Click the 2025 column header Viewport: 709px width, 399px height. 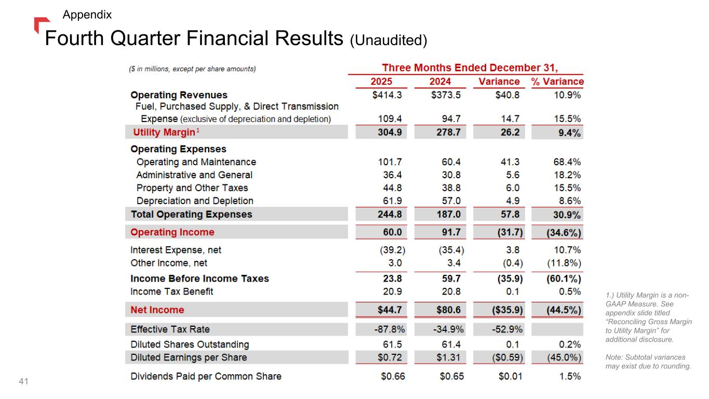click(381, 82)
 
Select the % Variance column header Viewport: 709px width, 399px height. click(557, 82)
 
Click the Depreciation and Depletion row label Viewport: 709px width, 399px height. click(195, 201)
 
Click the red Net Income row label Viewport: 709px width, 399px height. click(157, 310)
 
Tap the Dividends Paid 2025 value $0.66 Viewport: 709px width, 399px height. click(393, 376)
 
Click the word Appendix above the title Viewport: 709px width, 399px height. click(87, 15)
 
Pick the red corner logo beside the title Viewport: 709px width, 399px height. click(41, 24)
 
